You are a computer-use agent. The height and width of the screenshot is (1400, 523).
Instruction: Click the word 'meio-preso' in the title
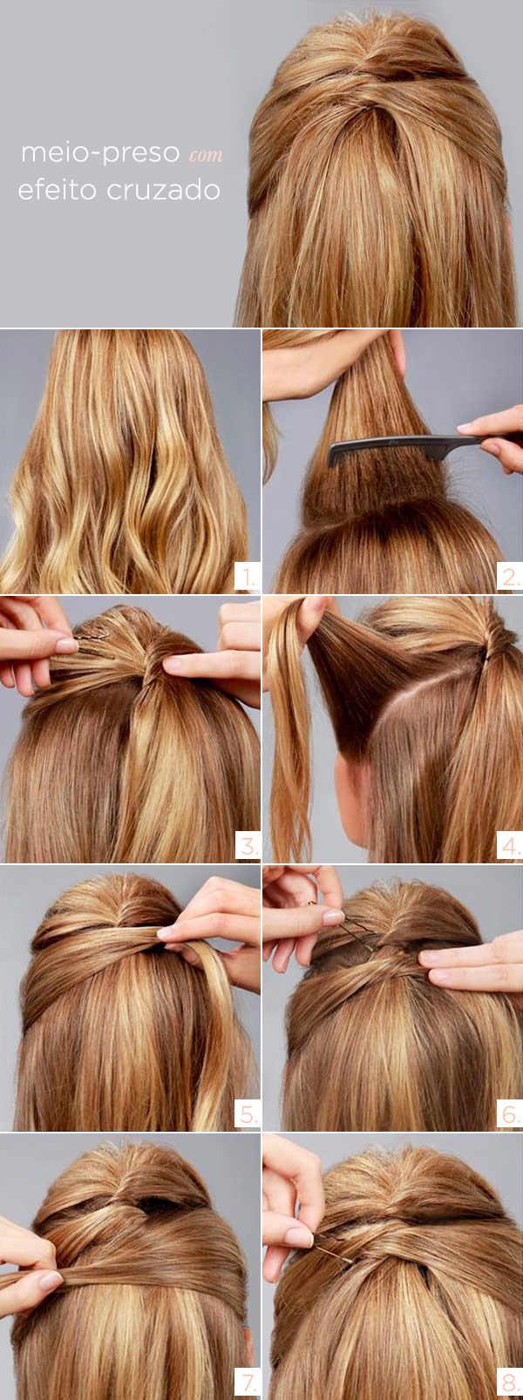pos(100,153)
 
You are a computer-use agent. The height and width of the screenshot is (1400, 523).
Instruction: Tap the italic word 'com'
pos(206,155)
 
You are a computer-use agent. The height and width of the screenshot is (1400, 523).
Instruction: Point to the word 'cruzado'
pos(163,190)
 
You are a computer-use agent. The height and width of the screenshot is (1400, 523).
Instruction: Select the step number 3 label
pos(248,846)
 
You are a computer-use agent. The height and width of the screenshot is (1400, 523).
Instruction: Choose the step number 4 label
pos(510,846)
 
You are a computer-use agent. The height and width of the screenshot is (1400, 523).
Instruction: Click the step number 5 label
pos(248,1115)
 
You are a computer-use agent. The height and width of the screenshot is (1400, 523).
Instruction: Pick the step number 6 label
pos(510,1115)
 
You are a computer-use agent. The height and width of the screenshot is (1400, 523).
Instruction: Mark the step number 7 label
pos(248,1383)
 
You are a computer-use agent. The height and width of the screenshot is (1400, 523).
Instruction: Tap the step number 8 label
pos(510,1383)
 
